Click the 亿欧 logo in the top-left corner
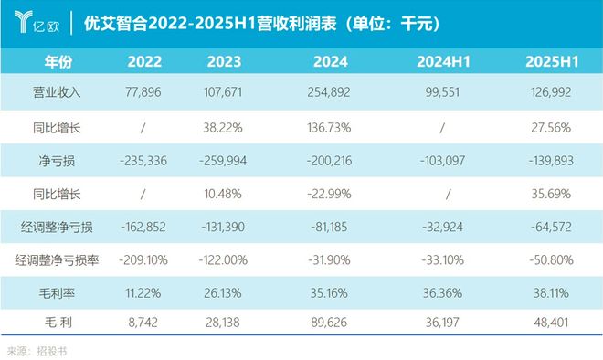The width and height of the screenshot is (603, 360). (x=33, y=21)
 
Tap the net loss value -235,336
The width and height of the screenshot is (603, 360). (x=148, y=159)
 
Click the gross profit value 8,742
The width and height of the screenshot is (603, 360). (x=148, y=323)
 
